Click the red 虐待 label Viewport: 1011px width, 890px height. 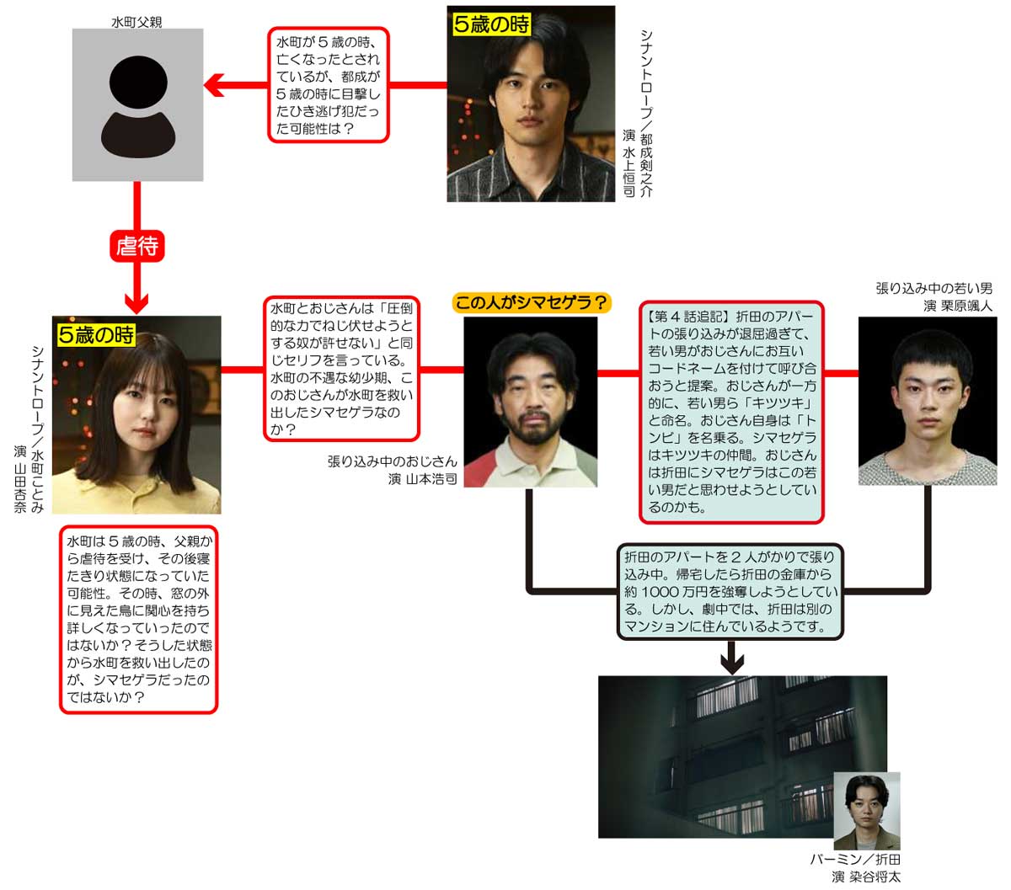[136, 246]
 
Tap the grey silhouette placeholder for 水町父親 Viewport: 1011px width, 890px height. [137, 104]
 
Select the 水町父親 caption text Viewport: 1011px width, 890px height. [136, 21]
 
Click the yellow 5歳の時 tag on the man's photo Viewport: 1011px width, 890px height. [491, 24]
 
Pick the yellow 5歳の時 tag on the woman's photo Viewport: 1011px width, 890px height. [96, 334]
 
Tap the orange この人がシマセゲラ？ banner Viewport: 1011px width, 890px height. [531, 302]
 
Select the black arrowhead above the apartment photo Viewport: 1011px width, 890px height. [732, 661]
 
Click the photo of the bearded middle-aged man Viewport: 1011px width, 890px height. [531, 402]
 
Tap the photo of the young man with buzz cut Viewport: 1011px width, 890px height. [927, 401]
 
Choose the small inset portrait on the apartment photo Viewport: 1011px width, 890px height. [867, 810]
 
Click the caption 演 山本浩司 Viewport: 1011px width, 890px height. [422, 479]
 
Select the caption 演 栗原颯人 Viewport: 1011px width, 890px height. [958, 306]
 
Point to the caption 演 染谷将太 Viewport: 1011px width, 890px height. [866, 877]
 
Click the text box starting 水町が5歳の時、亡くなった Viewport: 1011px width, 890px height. [328, 85]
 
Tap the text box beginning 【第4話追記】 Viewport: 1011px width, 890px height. [731, 412]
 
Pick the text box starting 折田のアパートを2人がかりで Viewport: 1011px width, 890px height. [730, 592]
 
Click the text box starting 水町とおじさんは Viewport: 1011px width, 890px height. [341, 369]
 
